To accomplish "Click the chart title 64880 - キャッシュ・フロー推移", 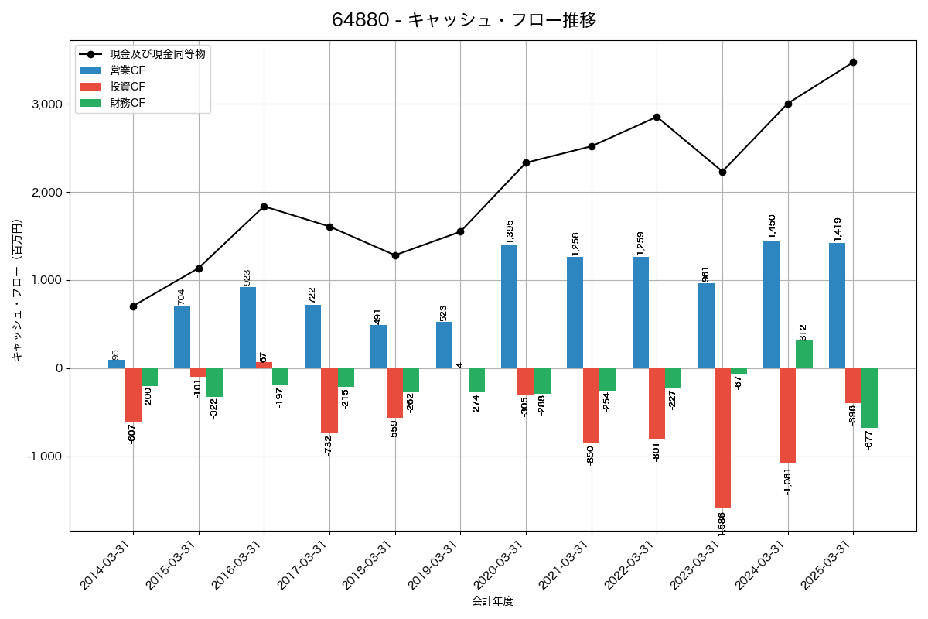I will click(x=464, y=20).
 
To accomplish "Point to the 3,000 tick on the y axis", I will click(x=47, y=104).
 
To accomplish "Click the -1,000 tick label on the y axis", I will click(x=44, y=457).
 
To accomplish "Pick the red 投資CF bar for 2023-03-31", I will click(x=722, y=438).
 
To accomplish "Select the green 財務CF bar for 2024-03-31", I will click(x=804, y=354).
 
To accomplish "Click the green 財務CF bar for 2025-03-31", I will click(x=869, y=398).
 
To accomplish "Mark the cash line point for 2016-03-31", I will click(x=264, y=207).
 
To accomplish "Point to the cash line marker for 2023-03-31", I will click(x=722, y=172).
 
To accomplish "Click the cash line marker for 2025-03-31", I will click(x=853, y=62).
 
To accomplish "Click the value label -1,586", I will click(x=722, y=525).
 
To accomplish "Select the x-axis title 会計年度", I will click(x=493, y=601).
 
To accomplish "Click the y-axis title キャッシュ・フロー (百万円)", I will click(x=17, y=291).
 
